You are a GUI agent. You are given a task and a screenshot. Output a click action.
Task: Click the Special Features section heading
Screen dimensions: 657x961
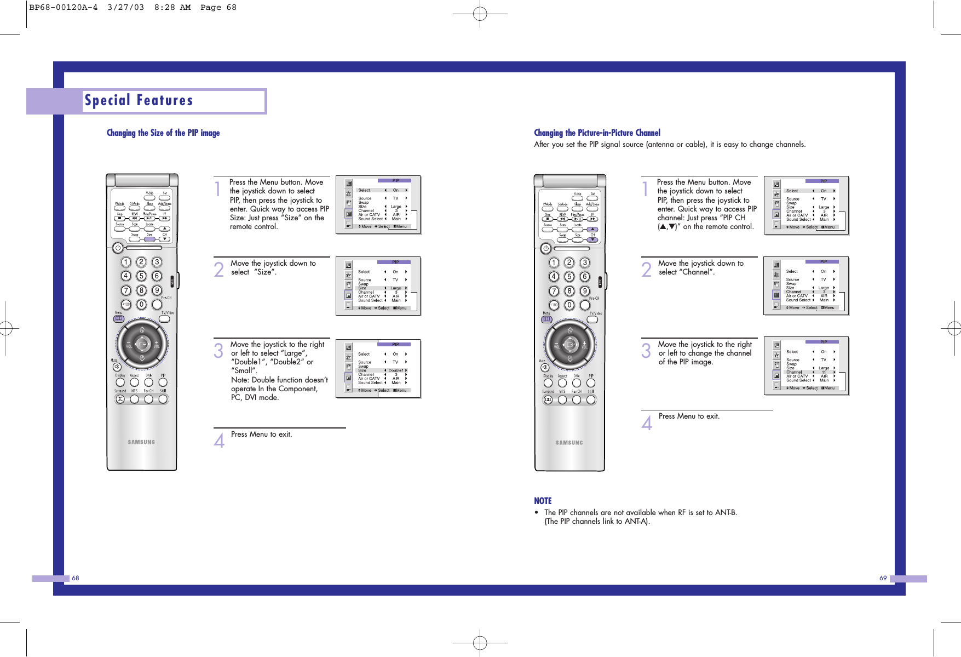(x=139, y=101)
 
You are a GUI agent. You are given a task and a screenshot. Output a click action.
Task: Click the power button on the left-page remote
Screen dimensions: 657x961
(x=118, y=248)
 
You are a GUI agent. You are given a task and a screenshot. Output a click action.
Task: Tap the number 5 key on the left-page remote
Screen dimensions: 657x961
(x=141, y=276)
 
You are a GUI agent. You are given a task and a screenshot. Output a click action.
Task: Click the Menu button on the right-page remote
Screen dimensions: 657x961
(x=546, y=319)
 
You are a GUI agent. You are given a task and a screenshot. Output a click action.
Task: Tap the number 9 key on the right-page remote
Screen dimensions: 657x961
(x=585, y=291)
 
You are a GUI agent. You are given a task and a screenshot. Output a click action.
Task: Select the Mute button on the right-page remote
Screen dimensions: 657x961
(x=545, y=367)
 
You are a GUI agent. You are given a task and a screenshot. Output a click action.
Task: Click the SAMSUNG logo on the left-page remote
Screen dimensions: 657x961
(x=141, y=442)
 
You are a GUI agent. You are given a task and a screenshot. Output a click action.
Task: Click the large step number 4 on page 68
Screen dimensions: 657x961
(x=219, y=441)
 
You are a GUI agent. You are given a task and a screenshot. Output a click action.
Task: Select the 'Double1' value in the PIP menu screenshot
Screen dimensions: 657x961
(x=395, y=370)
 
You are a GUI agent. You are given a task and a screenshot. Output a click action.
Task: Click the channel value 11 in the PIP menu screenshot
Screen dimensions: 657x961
(x=824, y=372)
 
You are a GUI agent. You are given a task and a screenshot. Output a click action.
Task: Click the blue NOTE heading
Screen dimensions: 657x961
(x=543, y=501)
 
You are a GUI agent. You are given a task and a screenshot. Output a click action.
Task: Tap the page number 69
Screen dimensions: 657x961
(x=883, y=578)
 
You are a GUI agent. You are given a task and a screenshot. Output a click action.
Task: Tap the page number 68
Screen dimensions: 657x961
(x=76, y=578)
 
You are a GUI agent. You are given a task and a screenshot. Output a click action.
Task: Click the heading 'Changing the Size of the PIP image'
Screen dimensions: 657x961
(x=163, y=133)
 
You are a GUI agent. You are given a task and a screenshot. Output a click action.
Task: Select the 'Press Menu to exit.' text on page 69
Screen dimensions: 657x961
(x=689, y=416)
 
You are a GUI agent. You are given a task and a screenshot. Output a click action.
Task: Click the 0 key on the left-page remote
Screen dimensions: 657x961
(x=141, y=305)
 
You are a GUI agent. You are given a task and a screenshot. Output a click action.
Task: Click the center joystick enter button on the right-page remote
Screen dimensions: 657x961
(x=570, y=345)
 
